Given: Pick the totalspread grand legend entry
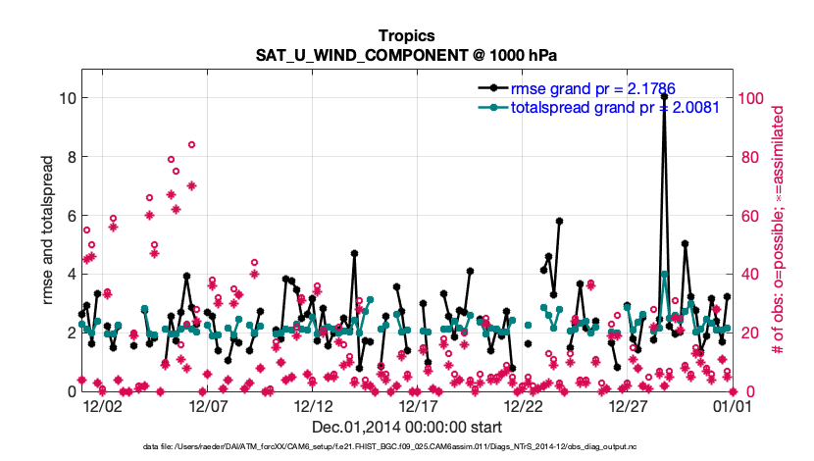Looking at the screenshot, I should tap(615, 106).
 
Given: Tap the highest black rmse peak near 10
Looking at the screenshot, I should tap(664, 97).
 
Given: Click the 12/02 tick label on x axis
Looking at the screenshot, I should tap(101, 405).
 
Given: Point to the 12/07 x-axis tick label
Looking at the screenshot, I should tap(206, 405).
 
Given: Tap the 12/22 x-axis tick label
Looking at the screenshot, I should tap(522, 405).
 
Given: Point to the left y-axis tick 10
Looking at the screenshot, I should tap(65, 98).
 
